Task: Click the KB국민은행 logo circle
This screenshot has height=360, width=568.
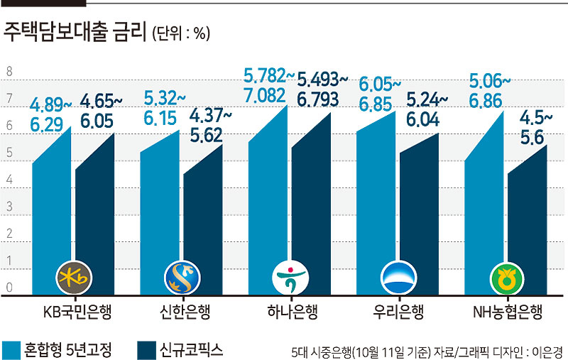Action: pos(74,278)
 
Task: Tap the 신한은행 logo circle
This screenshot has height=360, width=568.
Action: pos(182,278)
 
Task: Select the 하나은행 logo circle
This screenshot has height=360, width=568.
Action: pos(290,278)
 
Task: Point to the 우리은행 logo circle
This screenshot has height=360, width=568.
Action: pos(398,278)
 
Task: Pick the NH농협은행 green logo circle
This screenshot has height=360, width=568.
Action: pos(507,278)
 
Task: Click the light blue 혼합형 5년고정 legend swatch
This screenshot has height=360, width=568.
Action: pos(11,350)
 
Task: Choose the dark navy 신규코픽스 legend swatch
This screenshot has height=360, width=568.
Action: pos(147,350)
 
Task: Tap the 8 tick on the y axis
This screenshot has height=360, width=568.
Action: pos(9,72)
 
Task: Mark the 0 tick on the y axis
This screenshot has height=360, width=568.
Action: pos(9,288)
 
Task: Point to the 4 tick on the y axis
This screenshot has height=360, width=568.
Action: pos(9,180)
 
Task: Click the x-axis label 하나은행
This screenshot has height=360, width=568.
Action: pos(293,312)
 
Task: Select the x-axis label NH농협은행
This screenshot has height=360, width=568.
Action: pos(508,312)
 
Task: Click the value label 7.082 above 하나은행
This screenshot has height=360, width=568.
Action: pos(264,96)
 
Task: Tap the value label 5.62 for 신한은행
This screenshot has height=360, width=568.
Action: pos(206,136)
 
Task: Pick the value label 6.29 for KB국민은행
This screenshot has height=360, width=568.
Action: pos(46,125)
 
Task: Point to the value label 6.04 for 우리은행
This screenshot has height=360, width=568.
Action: pos(422,119)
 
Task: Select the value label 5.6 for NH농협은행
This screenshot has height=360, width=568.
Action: pos(532,138)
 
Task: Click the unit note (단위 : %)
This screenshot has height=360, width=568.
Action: pos(181,33)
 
